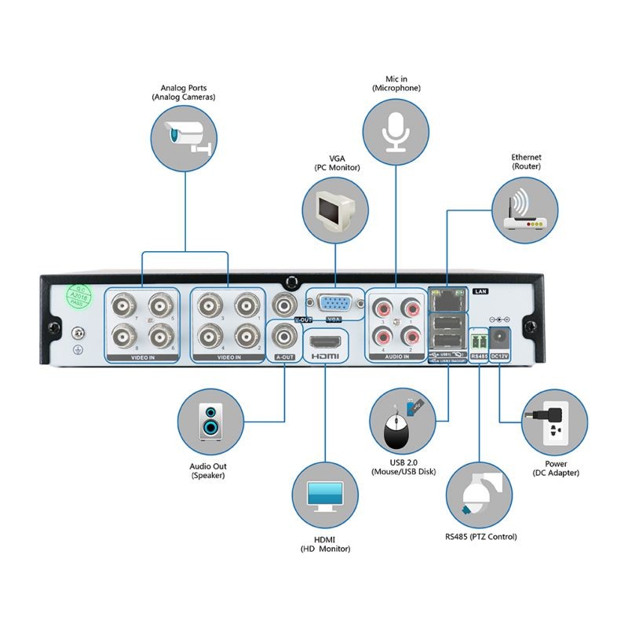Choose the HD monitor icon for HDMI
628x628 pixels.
click(x=324, y=496)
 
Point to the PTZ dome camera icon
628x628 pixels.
click(x=478, y=493)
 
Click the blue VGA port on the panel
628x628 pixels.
click(x=334, y=304)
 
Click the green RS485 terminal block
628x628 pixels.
click(x=478, y=341)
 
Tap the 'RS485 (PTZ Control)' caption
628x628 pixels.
click(x=480, y=537)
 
